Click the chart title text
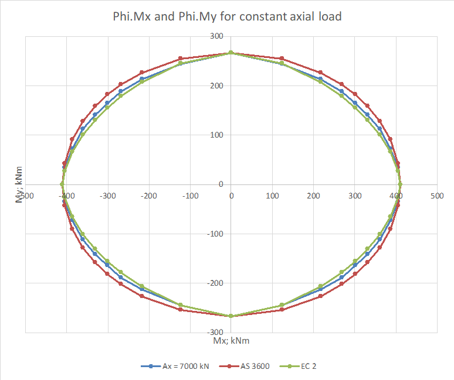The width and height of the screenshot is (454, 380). [227, 16]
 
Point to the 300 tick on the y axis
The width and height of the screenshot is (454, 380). [217, 36]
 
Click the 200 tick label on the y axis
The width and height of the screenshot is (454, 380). [217, 86]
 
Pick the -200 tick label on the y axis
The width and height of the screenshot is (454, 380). [215, 283]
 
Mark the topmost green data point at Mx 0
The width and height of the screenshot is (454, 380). [231, 53]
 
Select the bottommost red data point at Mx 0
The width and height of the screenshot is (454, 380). [231, 316]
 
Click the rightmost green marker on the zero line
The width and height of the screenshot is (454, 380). [400, 184]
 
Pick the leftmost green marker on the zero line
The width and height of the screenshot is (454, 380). [62, 184]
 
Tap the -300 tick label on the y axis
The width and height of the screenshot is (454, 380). [215, 333]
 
